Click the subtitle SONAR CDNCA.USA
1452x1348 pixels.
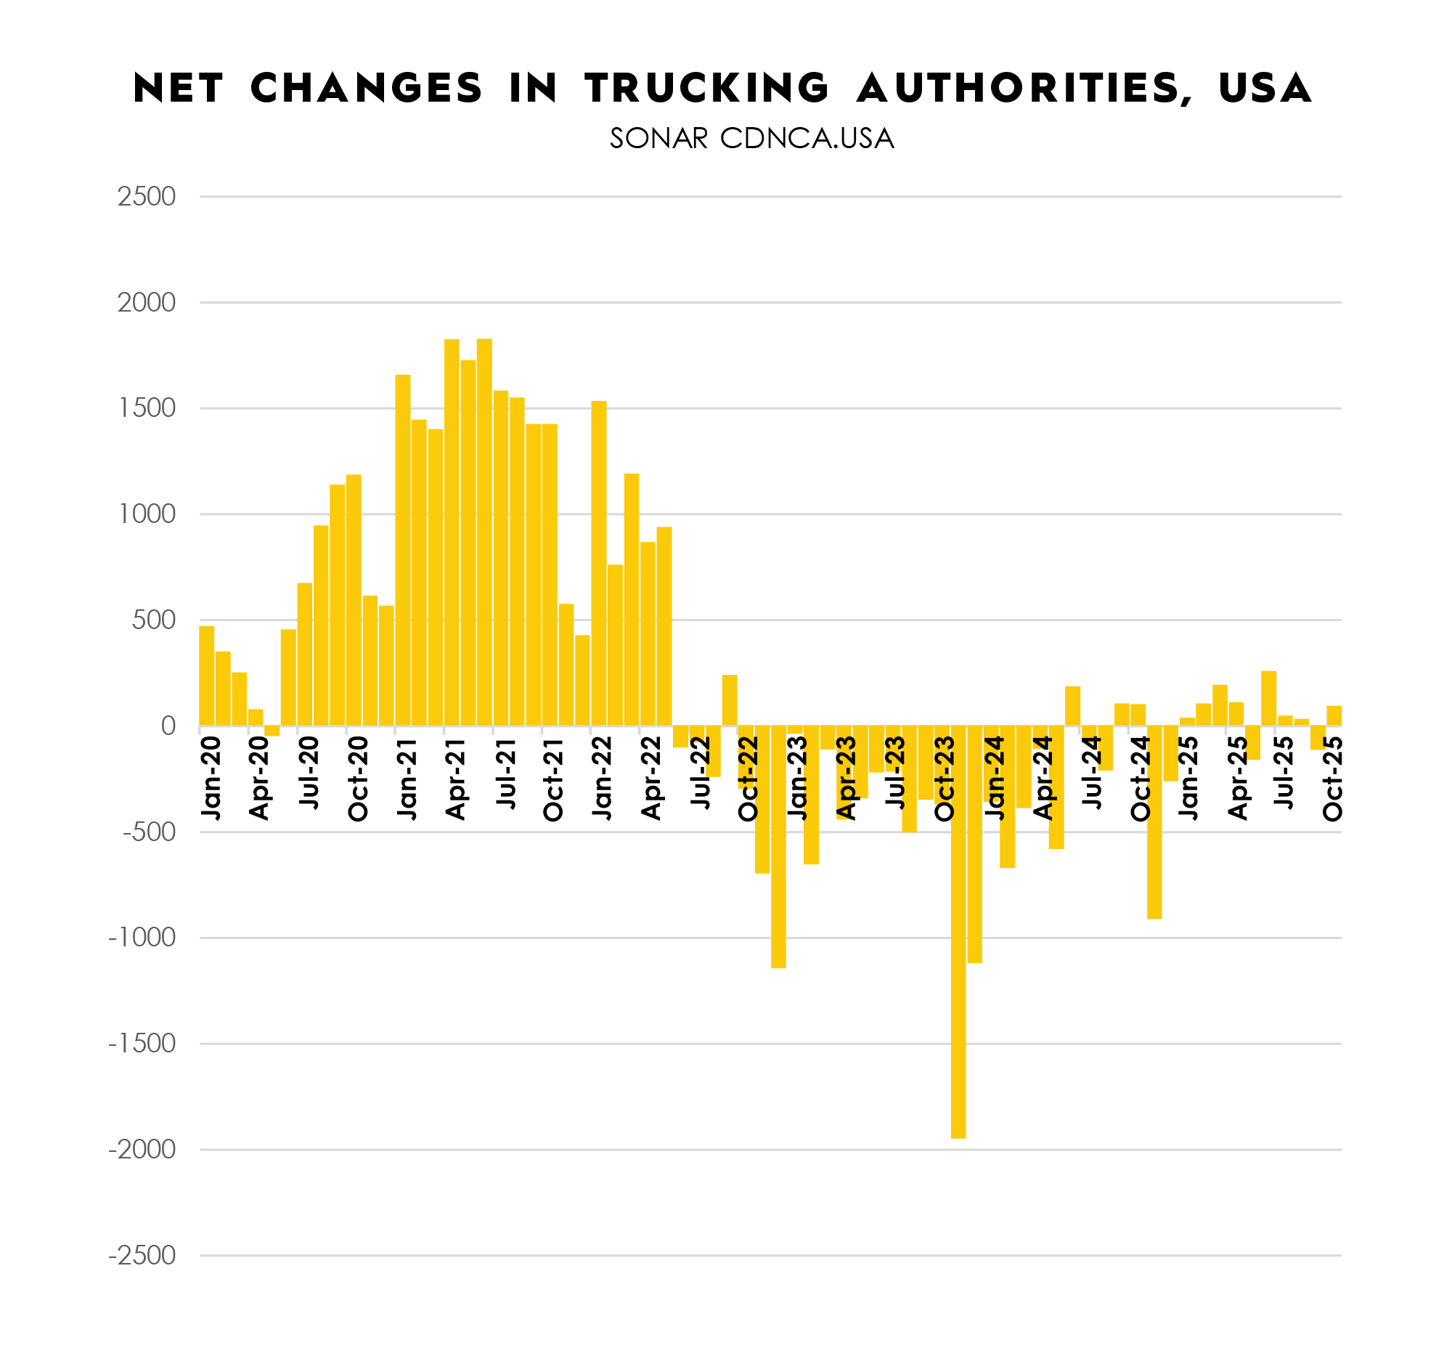tap(751, 139)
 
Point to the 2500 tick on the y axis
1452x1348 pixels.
tap(147, 197)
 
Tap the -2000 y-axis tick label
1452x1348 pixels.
tap(142, 1150)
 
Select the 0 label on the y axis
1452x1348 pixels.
tap(168, 726)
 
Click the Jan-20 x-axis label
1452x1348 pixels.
tap(211, 778)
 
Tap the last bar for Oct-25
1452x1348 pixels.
tap(1334, 715)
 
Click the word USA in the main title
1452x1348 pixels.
tap(1265, 89)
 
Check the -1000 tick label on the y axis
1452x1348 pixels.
tap(142, 938)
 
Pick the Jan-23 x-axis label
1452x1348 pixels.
tap(799, 778)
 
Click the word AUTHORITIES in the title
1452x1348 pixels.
tap(1024, 89)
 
